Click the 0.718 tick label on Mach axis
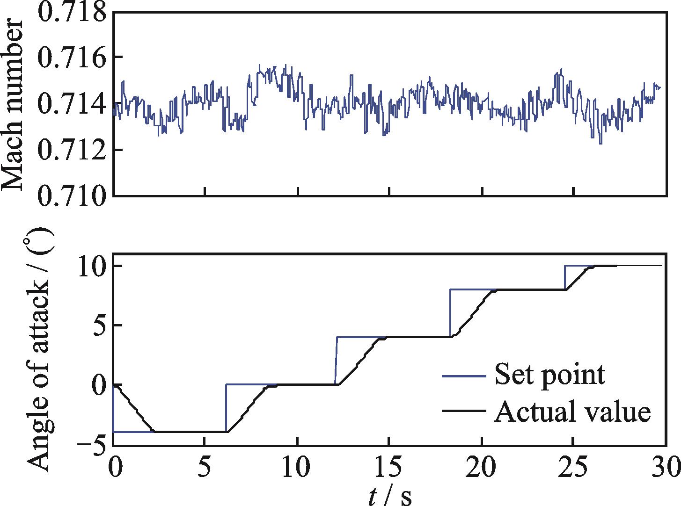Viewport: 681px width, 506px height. [73, 11]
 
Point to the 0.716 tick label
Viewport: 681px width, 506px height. [73, 58]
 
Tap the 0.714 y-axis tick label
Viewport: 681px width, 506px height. [73, 103]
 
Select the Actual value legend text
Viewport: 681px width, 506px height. [572, 412]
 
